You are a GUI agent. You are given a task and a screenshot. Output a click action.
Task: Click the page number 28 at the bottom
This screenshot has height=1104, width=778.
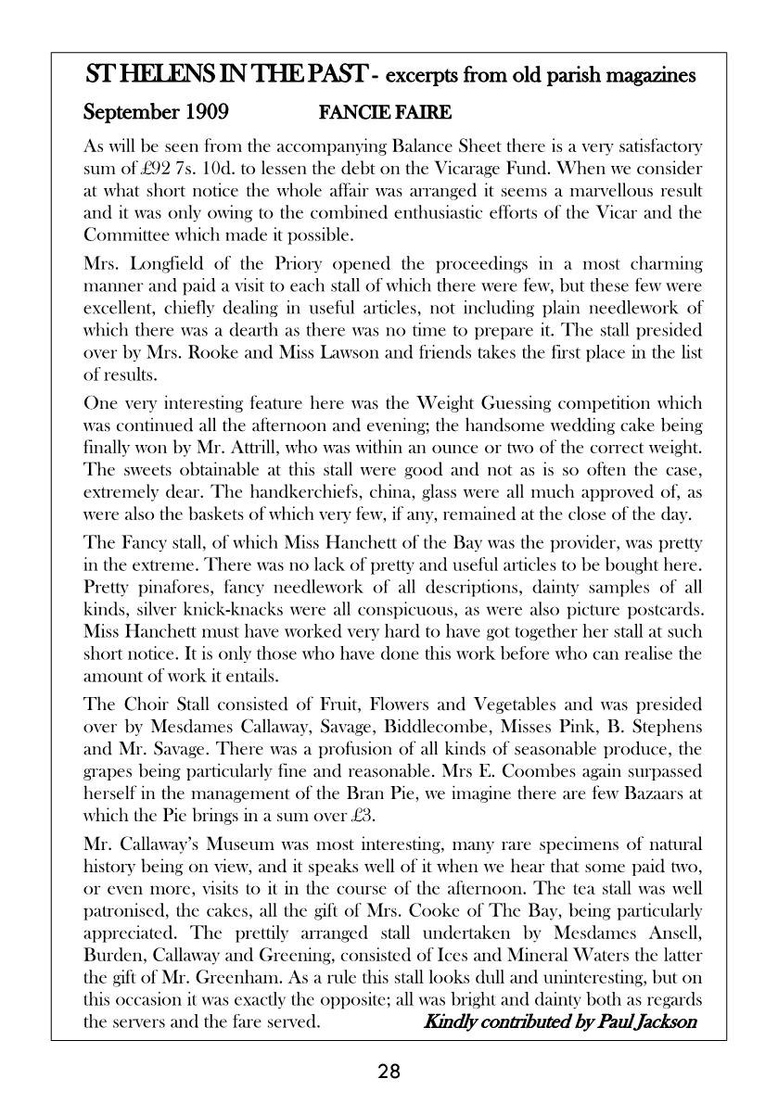click(389, 1072)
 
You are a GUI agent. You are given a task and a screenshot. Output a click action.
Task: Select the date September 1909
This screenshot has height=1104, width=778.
click(156, 113)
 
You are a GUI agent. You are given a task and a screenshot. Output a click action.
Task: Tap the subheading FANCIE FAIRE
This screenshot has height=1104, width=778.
click(385, 113)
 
